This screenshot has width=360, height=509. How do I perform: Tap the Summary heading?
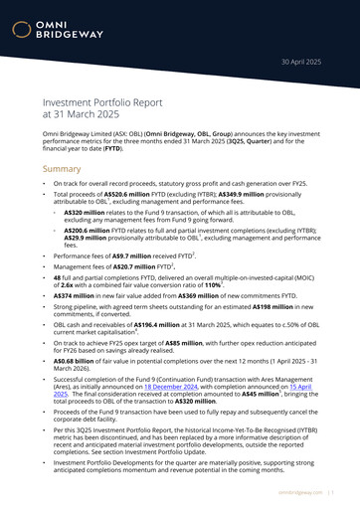click(x=62, y=169)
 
